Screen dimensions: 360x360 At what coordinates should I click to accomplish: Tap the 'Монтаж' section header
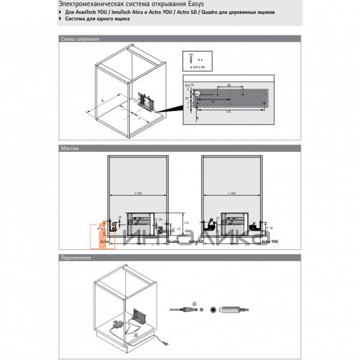[70, 148]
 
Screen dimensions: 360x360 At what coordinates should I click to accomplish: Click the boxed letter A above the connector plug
[194, 301]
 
